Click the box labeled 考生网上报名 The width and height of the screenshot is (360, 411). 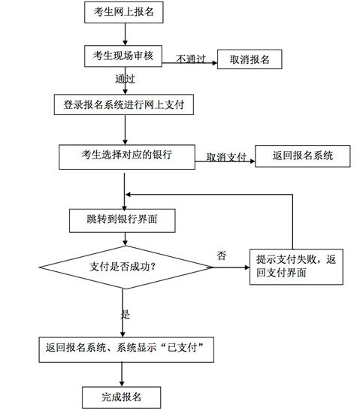pyautogui.click(x=124, y=12)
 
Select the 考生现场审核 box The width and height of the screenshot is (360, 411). pyautogui.click(x=123, y=56)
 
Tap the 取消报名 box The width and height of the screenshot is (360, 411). pyautogui.click(x=250, y=59)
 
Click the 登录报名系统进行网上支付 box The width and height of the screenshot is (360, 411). pyautogui.click(x=124, y=104)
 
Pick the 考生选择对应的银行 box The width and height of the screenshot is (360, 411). pyautogui.click(x=127, y=157)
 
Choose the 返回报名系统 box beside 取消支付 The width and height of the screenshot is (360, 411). pyautogui.click(x=303, y=156)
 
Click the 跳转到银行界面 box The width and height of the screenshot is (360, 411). pyautogui.click(x=123, y=220)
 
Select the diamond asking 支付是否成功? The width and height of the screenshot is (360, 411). pyautogui.click(x=126, y=267)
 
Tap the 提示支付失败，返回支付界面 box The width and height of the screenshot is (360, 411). pyautogui.click(x=296, y=267)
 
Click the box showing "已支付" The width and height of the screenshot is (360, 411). pyautogui.click(x=126, y=349)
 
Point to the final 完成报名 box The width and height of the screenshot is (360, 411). pyautogui.click(x=122, y=397)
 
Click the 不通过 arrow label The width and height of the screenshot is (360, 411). pyautogui.click(x=191, y=59)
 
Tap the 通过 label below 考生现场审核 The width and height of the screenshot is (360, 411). pyautogui.click(x=125, y=79)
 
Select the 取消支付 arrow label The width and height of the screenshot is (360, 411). pyautogui.click(x=226, y=157)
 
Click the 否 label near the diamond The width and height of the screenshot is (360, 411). pyautogui.click(x=221, y=255)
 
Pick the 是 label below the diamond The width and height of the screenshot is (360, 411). pyautogui.click(x=126, y=314)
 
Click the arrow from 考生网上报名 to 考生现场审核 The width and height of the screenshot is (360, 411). pyautogui.click(x=125, y=34)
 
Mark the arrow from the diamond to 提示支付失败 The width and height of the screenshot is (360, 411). pyautogui.click(x=231, y=267)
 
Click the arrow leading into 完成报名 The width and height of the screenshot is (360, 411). pyautogui.click(x=122, y=375)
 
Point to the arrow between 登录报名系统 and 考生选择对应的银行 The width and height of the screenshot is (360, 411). pyautogui.click(x=125, y=130)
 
